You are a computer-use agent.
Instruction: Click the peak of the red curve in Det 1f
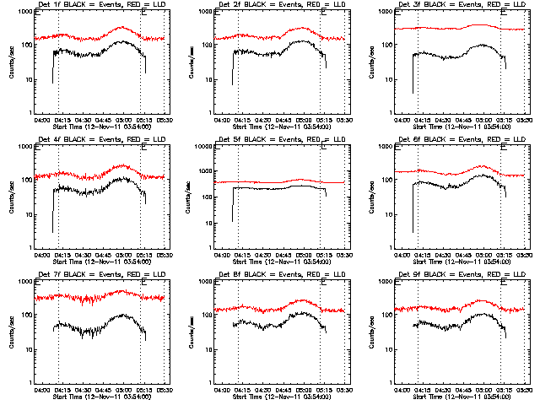pos(121,27)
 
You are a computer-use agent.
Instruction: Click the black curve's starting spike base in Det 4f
pos(52,231)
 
